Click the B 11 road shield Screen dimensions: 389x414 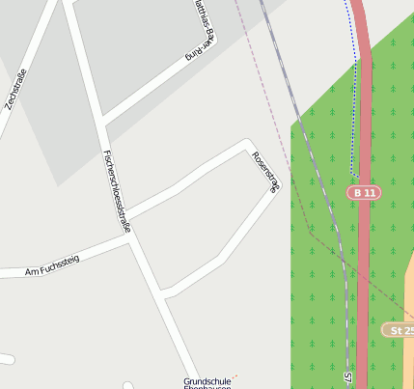(364, 193)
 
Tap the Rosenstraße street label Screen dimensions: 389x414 (264, 173)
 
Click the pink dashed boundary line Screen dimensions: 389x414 (280, 154)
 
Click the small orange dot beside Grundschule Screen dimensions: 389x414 (235, 375)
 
